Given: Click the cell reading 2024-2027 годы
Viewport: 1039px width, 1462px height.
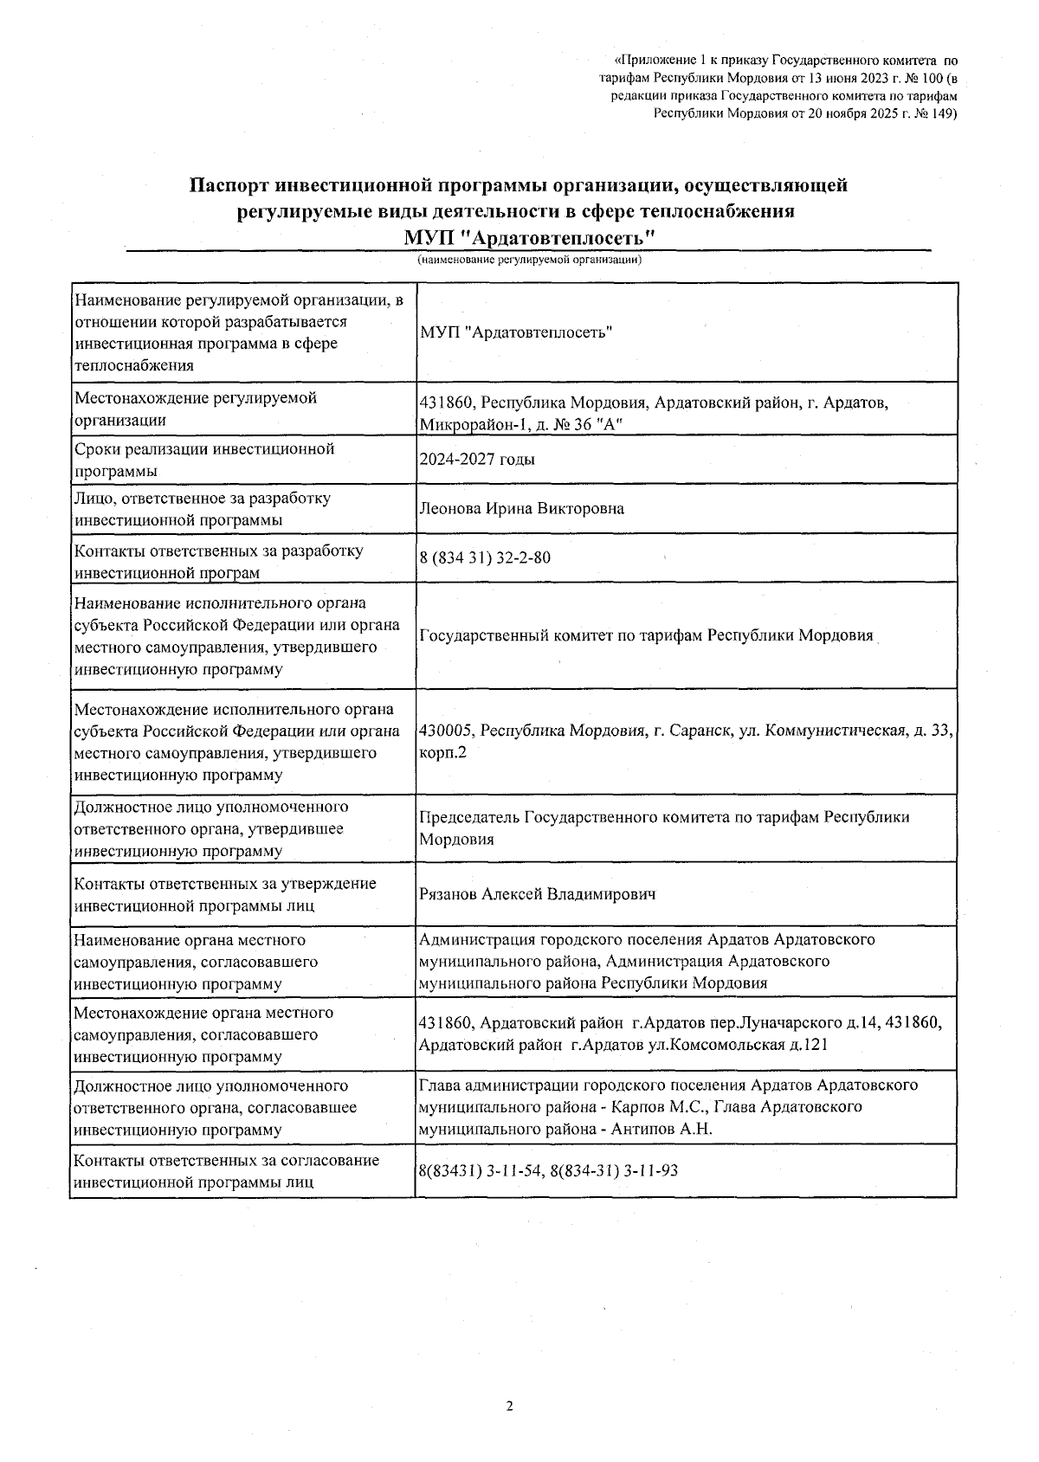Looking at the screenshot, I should click(x=477, y=460).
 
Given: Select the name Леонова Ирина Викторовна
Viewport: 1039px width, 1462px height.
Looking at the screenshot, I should click(x=521, y=509).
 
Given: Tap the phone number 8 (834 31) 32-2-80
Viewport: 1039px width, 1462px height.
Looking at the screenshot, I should click(x=485, y=558).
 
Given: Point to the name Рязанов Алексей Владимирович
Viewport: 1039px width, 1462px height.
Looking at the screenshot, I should click(x=537, y=894).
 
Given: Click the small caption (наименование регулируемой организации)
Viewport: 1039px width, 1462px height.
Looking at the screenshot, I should click(x=528, y=260).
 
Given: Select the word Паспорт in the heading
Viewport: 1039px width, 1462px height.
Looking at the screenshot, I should click(x=229, y=185).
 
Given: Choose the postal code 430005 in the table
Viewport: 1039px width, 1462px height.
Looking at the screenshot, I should click(x=446, y=731).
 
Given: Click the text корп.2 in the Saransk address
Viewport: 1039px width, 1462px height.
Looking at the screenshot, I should click(x=443, y=753).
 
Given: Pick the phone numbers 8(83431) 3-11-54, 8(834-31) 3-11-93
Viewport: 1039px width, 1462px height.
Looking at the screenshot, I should click(x=548, y=1171).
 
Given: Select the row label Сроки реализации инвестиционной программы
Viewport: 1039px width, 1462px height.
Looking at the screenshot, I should click(x=204, y=460).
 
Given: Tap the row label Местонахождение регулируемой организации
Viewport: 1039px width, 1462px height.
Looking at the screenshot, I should click(x=196, y=409).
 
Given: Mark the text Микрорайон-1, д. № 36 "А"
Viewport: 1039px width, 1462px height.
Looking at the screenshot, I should click(x=520, y=425).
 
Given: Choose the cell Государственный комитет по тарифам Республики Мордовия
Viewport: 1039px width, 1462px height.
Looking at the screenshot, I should click(x=646, y=636).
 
